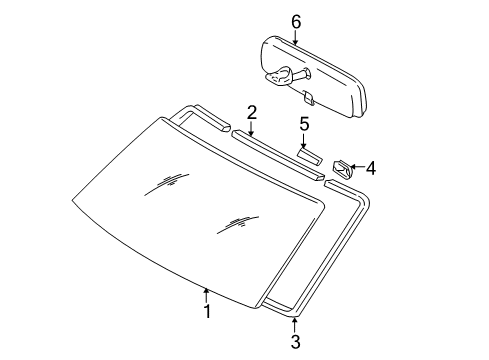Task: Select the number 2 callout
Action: coord(252,112)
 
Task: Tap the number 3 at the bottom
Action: coord(295,343)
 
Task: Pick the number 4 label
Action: coord(370,168)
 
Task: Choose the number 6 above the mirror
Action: coord(294,21)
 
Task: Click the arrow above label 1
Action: coord(206,292)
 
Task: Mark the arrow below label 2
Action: coord(252,129)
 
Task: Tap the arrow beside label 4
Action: coord(354,167)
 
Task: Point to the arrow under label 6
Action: coord(294,38)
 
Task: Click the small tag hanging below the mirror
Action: coord(308,97)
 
